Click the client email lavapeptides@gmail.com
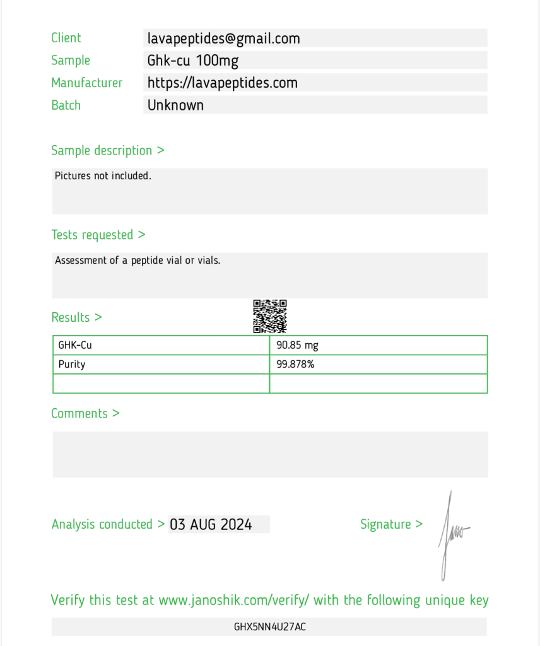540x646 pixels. pyautogui.click(x=223, y=38)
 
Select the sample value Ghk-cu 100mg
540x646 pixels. pyautogui.click(x=193, y=61)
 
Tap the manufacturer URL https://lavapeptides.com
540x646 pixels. pyautogui.click(x=222, y=83)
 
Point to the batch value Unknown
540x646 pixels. pyautogui.click(x=175, y=105)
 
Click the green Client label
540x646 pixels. pyautogui.click(x=66, y=38)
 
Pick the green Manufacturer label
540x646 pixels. pyautogui.click(x=87, y=83)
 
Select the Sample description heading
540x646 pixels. pyautogui.click(x=108, y=151)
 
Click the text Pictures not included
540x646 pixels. pyautogui.click(x=103, y=176)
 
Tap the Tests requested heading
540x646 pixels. pyautogui.click(x=98, y=235)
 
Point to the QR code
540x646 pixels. pyautogui.click(x=270, y=316)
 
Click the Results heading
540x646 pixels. pyautogui.click(x=76, y=317)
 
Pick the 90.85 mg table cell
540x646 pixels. pyautogui.click(x=298, y=345)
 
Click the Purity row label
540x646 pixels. pyautogui.click(x=72, y=364)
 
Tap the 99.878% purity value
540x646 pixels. pyautogui.click(x=295, y=364)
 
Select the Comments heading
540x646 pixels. pyautogui.click(x=85, y=414)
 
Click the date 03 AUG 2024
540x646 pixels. pyautogui.click(x=211, y=524)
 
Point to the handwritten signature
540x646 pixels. pyautogui.click(x=452, y=533)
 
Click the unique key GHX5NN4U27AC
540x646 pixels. pyautogui.click(x=270, y=627)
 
